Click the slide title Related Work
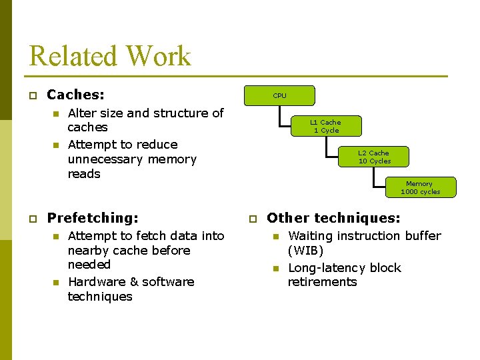(x=110, y=56)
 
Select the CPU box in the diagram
(x=279, y=96)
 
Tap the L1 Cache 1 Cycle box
(x=325, y=126)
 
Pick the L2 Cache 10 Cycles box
(x=374, y=157)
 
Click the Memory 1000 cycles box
(x=420, y=187)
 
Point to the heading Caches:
(x=76, y=95)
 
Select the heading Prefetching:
(x=93, y=217)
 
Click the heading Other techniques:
(x=333, y=217)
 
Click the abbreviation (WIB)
(x=305, y=251)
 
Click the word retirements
(x=322, y=282)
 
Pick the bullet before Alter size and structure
(x=56, y=114)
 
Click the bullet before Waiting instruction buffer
(x=276, y=237)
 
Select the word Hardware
(x=92, y=282)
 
